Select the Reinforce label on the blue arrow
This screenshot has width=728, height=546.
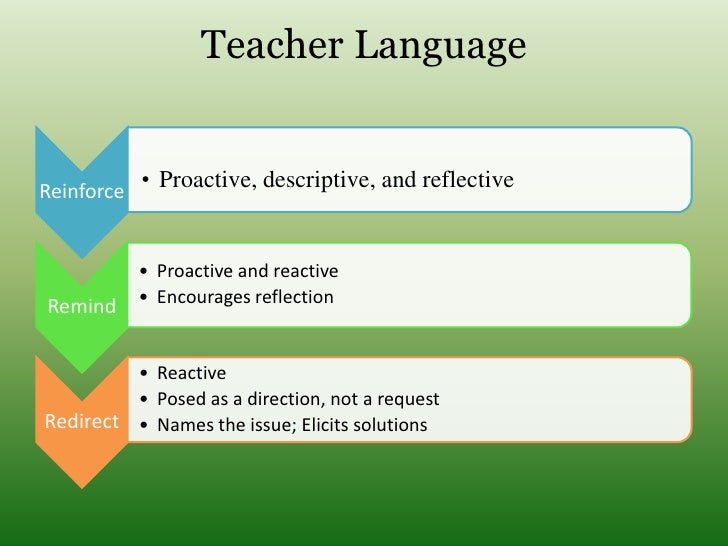coord(82,190)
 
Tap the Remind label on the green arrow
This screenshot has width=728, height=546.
coord(82,306)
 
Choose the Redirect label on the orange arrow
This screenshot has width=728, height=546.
coord(82,421)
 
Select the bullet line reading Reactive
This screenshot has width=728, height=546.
coord(191,373)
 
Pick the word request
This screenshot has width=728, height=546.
coord(408,400)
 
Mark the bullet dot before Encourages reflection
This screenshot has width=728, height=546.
coord(147,297)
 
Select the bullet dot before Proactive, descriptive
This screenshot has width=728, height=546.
coord(146,181)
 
